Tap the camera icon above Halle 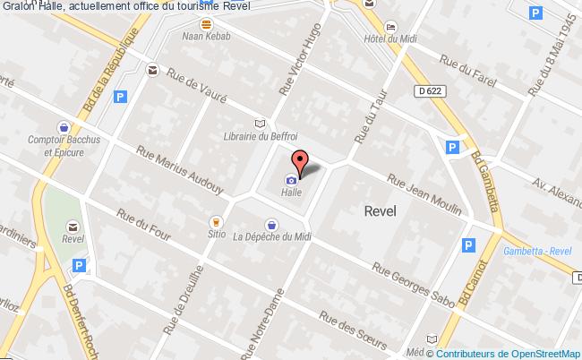pyautogui.click(x=290, y=178)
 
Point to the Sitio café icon pyautogui.click(x=215, y=220)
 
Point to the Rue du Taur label pyautogui.click(x=367, y=121)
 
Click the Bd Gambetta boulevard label pyautogui.click(x=486, y=180)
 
